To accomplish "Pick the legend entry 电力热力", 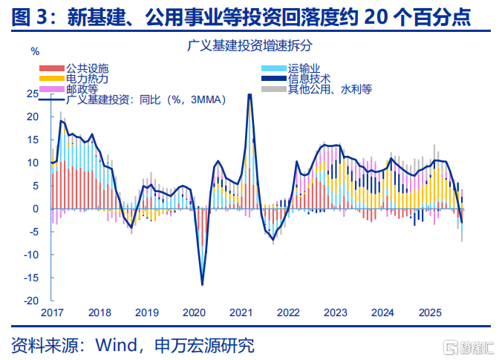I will click(x=87, y=78).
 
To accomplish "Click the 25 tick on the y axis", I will click(x=32, y=94).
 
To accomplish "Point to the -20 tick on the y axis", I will click(x=31, y=301).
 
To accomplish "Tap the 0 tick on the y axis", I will click(x=35, y=209).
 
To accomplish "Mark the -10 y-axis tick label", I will click(x=31, y=255).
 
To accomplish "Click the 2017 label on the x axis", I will click(x=52, y=312).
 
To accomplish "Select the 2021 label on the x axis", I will click(x=241, y=312).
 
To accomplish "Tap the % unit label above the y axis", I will click(x=34, y=51).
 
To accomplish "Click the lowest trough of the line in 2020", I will click(x=202, y=284).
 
